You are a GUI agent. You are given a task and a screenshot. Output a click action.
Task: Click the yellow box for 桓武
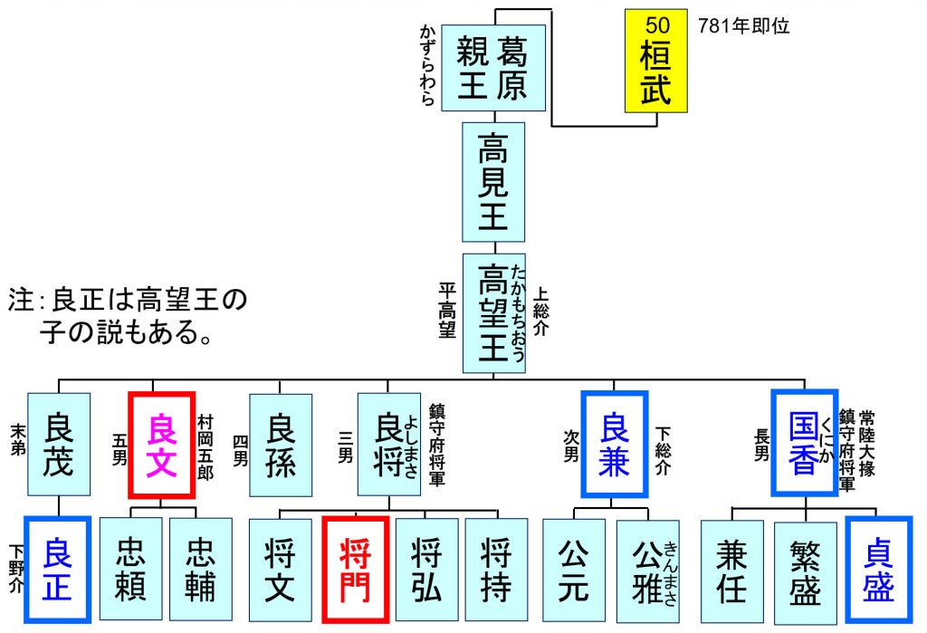655,61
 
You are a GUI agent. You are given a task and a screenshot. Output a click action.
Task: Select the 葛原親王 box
493,68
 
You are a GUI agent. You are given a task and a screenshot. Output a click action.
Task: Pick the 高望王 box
493,312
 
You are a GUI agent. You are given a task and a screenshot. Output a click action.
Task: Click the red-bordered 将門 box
356,570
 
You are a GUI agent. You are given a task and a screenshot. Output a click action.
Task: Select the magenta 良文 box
162,445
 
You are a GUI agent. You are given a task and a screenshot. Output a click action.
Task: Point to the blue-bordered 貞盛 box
879,570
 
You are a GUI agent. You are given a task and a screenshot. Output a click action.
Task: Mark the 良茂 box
58,445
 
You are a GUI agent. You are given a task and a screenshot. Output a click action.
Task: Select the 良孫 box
281,445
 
